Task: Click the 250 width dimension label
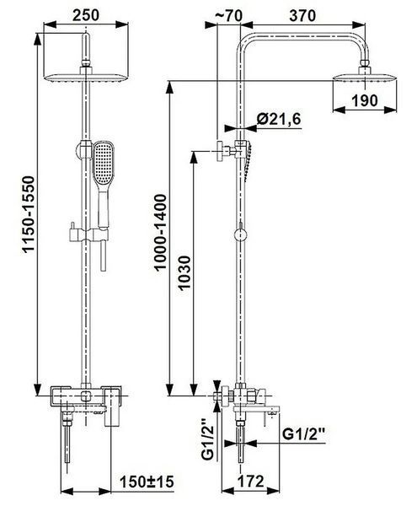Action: [86, 15]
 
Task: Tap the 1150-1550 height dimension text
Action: [29, 214]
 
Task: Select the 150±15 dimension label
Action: [147, 482]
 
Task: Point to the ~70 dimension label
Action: [227, 15]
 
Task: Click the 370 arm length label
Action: [302, 15]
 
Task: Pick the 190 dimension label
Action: [365, 101]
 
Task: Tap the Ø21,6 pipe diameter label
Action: [279, 120]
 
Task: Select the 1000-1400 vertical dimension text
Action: [161, 232]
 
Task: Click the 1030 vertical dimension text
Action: [184, 273]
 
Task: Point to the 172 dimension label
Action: [251, 482]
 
